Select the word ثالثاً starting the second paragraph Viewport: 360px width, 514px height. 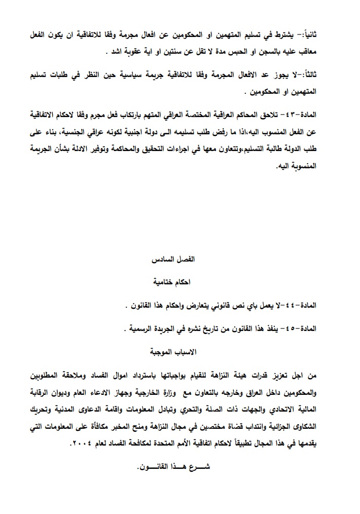(321, 76)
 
